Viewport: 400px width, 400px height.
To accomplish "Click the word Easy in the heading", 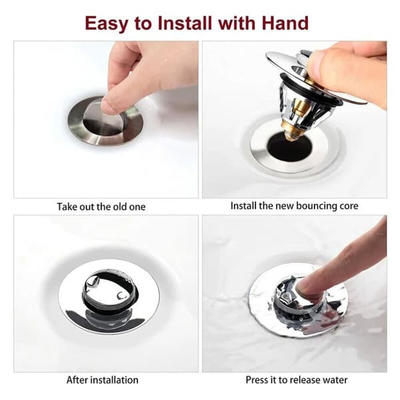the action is coord(107,24).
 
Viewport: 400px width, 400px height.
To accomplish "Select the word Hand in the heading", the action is coord(285,23).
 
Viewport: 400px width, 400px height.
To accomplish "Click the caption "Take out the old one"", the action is coord(101,207).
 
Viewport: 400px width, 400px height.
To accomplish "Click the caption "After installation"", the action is coord(102,380).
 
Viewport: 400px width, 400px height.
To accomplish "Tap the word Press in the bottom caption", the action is coord(255,380).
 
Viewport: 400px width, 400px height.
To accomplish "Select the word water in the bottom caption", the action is coord(335,380).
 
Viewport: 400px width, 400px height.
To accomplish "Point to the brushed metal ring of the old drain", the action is coord(105,121).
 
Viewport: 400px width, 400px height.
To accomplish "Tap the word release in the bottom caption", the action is coord(305,380).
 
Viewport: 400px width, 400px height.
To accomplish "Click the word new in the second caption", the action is coord(285,206).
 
